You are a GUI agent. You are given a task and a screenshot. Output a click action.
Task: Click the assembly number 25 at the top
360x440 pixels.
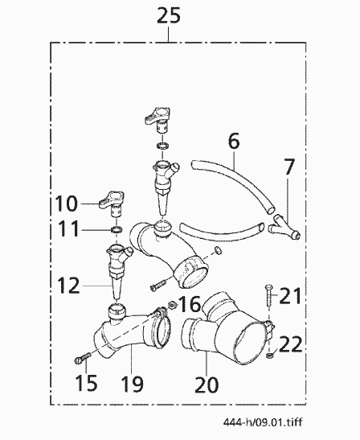coord(169,15)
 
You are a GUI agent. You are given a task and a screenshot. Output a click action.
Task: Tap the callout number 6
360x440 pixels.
coord(234,141)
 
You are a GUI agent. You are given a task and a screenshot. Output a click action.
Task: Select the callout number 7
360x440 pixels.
coord(289,167)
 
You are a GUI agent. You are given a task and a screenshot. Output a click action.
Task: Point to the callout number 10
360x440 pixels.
coord(67,204)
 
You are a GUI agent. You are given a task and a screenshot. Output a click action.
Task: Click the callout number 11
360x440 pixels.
coord(68,228)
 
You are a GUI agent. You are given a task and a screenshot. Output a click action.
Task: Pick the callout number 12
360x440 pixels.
coord(68,286)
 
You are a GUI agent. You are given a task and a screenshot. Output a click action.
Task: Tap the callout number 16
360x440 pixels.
coord(190,304)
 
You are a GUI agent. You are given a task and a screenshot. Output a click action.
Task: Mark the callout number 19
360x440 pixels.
coord(133,384)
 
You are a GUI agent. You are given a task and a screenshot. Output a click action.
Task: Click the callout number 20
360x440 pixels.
coord(207,384)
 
